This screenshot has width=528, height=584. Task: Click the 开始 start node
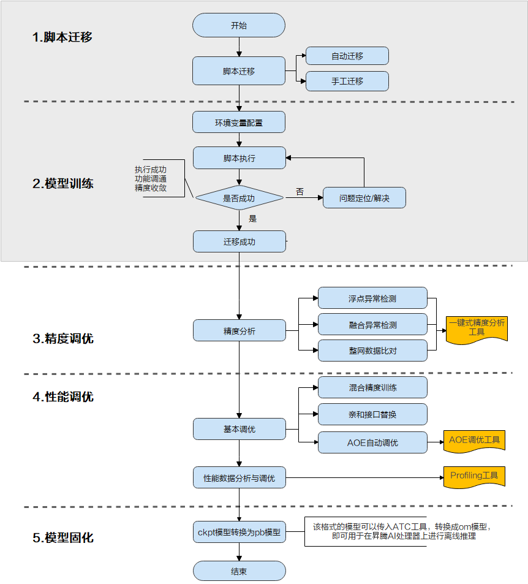click(x=239, y=26)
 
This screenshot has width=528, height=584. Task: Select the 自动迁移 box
click(x=347, y=56)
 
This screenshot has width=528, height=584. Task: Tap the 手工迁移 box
click(x=347, y=81)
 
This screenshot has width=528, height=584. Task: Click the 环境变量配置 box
click(x=239, y=123)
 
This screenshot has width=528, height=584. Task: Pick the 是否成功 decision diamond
click(x=239, y=198)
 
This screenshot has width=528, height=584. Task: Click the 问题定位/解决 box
click(x=364, y=198)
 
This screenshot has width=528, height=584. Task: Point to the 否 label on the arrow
click(x=300, y=192)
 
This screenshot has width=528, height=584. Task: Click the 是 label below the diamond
click(x=252, y=218)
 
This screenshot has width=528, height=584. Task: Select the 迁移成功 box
click(x=239, y=241)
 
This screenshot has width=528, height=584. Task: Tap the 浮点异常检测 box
click(x=372, y=298)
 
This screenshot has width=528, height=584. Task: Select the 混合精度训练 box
click(x=372, y=387)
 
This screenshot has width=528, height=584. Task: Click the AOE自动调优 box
click(x=372, y=442)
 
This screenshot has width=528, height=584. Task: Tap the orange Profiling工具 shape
click(x=474, y=476)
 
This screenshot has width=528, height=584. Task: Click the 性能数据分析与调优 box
click(x=239, y=477)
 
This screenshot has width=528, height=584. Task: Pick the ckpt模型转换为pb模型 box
click(x=239, y=532)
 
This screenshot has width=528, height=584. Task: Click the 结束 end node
click(x=239, y=571)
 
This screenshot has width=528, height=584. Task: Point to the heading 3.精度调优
click(x=63, y=338)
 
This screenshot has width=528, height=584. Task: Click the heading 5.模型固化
click(x=63, y=538)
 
